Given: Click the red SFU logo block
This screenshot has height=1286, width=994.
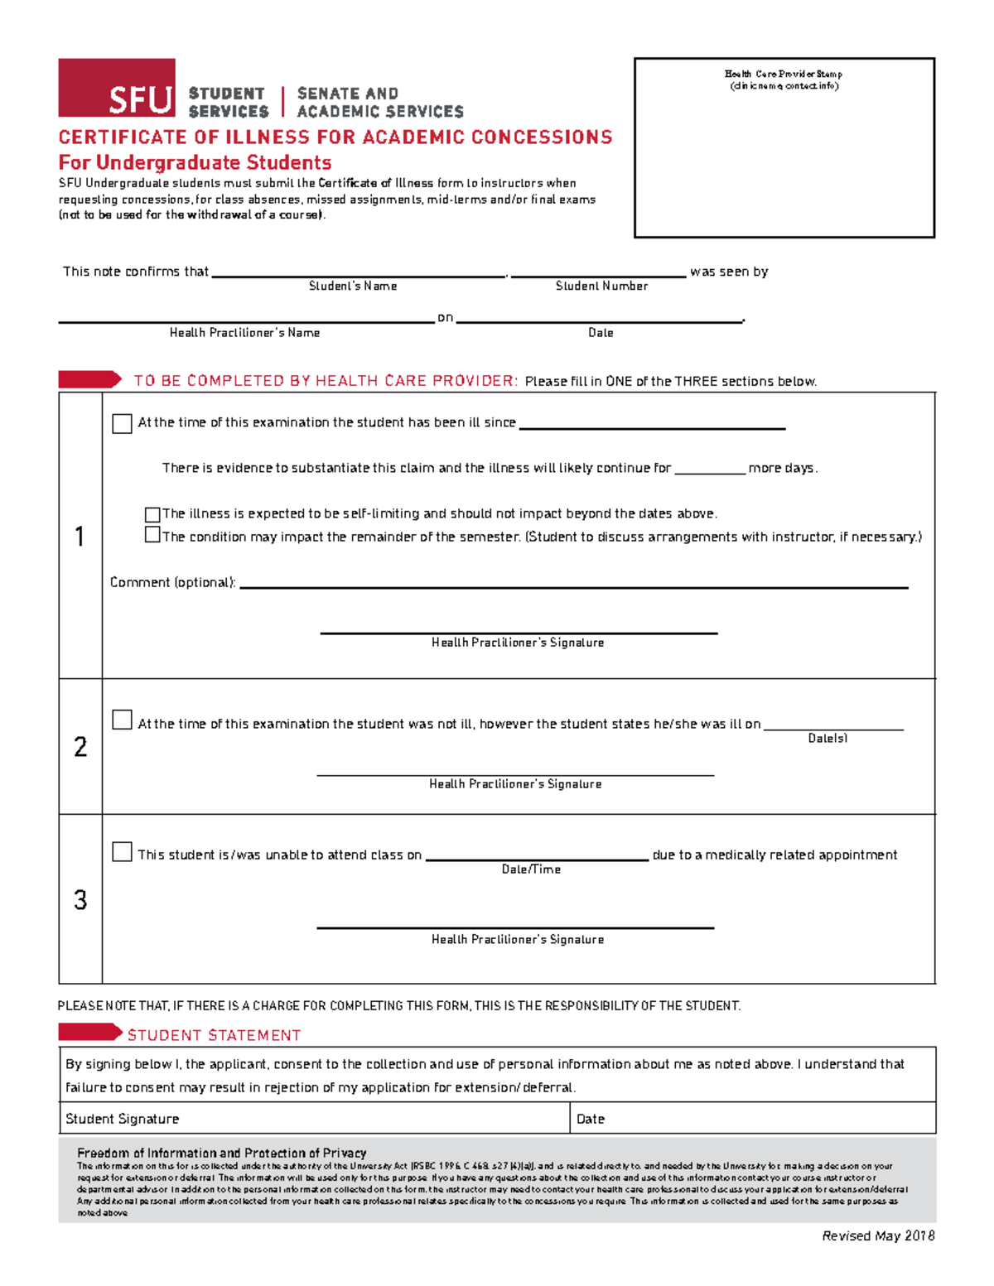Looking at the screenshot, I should [x=117, y=88].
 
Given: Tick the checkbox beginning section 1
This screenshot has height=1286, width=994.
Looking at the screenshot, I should [x=122, y=423].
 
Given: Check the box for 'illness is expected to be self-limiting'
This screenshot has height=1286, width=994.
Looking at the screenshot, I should [x=152, y=514].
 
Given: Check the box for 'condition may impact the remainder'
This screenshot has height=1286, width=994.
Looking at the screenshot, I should [x=152, y=535].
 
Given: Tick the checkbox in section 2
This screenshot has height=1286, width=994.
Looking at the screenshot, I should [x=122, y=720].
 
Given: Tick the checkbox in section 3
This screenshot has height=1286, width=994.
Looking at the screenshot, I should [x=122, y=852].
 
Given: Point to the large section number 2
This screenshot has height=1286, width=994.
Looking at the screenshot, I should [x=80, y=747].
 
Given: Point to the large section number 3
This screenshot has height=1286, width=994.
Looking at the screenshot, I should [x=80, y=900].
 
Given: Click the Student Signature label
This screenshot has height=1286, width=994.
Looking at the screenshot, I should [x=123, y=1119].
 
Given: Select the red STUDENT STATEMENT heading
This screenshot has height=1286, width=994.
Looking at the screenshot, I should [x=214, y=1035].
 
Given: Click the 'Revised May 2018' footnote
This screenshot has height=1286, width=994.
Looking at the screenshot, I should [x=878, y=1235].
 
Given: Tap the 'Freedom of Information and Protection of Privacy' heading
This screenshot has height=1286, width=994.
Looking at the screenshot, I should [x=221, y=1153].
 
